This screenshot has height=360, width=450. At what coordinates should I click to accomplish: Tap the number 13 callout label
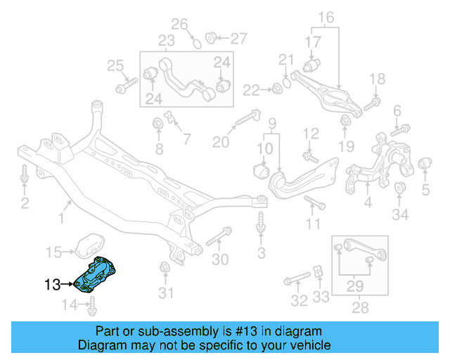[x=53, y=285]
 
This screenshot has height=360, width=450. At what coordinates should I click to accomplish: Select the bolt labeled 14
[x=92, y=305]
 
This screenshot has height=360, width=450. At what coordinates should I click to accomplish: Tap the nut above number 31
[x=166, y=269]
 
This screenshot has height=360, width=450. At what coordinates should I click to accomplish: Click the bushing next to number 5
[x=425, y=165]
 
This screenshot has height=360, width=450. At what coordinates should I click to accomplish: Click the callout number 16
[x=326, y=16]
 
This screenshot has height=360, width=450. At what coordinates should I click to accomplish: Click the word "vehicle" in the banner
[x=309, y=345]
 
